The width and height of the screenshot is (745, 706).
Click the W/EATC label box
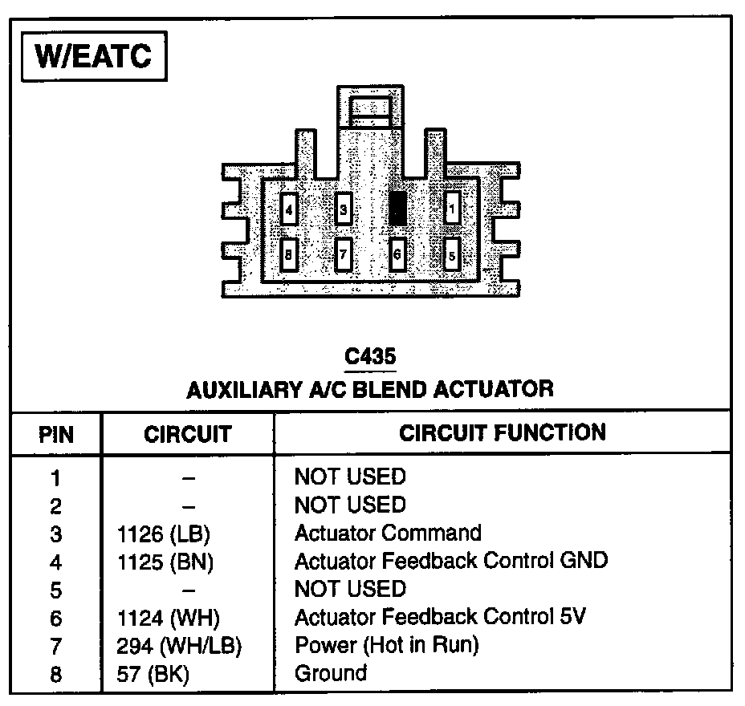click(94, 59)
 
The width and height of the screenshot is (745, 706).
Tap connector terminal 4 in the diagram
click(289, 211)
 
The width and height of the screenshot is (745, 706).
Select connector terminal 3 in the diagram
click(343, 211)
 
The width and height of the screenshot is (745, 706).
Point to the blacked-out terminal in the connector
click(397, 207)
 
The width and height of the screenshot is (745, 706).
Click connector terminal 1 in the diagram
click(453, 209)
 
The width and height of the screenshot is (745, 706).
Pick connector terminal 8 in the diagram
click(289, 256)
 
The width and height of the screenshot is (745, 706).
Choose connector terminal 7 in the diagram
click(343, 256)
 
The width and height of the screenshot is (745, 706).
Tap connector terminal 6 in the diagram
click(397, 256)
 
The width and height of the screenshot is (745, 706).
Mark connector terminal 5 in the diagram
click(452, 256)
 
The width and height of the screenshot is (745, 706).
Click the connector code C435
click(370, 356)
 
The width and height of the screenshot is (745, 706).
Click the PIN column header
click(55, 435)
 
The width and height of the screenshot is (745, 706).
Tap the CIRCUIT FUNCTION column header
click(503, 433)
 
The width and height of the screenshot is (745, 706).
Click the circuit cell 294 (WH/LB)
click(179, 645)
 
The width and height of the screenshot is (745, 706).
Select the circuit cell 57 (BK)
click(153, 673)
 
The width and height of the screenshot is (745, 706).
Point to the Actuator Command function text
click(388, 533)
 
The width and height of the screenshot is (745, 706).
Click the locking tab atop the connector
click(369, 107)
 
